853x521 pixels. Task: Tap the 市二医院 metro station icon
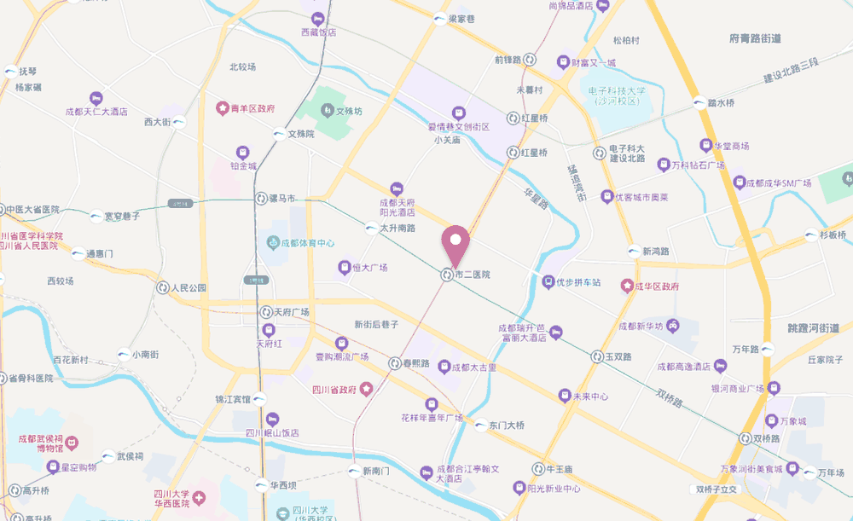pos(446,275)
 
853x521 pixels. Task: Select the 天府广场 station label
pos(291,312)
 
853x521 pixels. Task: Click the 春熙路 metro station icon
pos(394,363)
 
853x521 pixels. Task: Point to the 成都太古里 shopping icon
pos(444,367)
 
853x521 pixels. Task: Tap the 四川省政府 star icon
pos(366,390)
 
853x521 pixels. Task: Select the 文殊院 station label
pos(300,134)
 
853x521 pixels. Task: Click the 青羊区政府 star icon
pos(223,109)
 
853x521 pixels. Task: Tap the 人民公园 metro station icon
pos(163,288)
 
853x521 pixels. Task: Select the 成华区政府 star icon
pos(627,286)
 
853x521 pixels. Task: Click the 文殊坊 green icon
pos(327,111)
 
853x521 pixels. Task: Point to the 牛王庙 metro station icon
pos(538,468)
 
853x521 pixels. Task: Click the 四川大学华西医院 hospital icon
pos(199,497)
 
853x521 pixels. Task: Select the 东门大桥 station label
pos(507,425)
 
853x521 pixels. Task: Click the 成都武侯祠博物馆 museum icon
pos(72,443)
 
